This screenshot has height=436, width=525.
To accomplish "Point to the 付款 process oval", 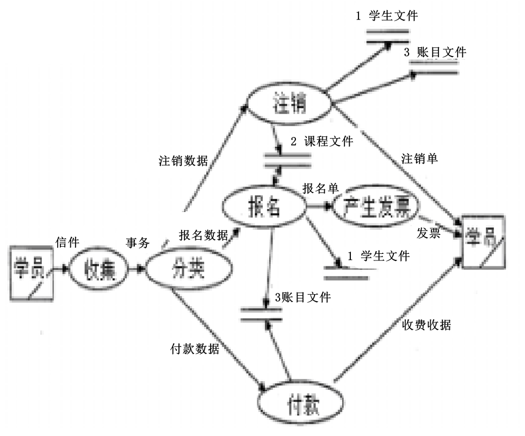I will pos(301,406).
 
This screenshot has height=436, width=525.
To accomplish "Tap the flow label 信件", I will pos(67,240).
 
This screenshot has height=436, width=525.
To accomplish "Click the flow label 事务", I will pos(137,243).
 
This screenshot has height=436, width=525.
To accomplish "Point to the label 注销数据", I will pos(183,161).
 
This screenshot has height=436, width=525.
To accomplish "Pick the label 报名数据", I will pos(203,235).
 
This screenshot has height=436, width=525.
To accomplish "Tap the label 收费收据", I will pos(427,325).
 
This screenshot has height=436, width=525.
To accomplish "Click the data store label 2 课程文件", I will pos(322,142).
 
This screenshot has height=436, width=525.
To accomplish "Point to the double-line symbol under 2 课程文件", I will pos(287,160).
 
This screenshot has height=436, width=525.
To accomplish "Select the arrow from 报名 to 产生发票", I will pos(319,207).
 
